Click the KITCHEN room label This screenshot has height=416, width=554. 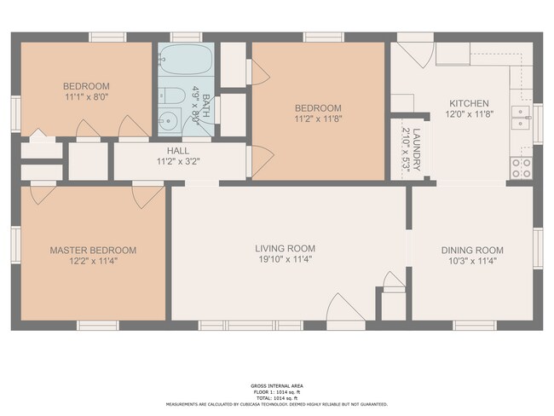point(469,104)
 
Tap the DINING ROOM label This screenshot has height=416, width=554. point(471,251)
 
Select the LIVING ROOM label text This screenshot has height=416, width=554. point(285,249)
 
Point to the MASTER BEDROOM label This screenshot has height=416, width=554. point(93,250)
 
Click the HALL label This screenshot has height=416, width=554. point(178,150)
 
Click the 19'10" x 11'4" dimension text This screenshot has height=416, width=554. point(285,259)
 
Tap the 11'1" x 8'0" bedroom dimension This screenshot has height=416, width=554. point(86,96)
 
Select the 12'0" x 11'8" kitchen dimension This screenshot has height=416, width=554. point(469,114)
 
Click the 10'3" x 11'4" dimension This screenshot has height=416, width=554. point(471,261)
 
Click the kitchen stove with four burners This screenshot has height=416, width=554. point(519,167)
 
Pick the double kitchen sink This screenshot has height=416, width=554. point(519,116)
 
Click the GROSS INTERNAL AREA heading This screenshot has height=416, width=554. point(276,385)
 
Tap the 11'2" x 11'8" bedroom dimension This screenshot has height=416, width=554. point(318,118)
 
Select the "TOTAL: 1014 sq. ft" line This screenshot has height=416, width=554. point(276,398)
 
